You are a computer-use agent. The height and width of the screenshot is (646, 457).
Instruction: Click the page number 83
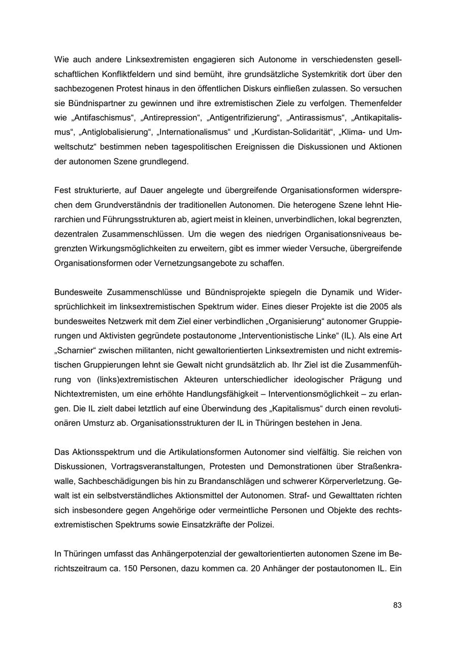397,605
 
